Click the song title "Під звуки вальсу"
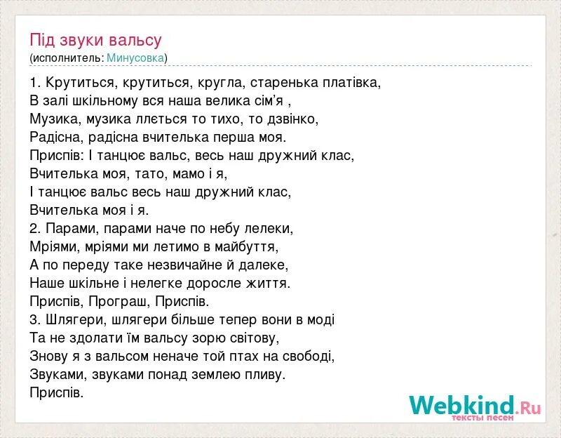[96, 40]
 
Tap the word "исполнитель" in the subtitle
[67, 58]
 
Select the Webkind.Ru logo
[475, 406]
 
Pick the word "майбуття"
[247, 247]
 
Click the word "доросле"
[201, 284]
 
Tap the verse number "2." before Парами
[36, 229]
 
